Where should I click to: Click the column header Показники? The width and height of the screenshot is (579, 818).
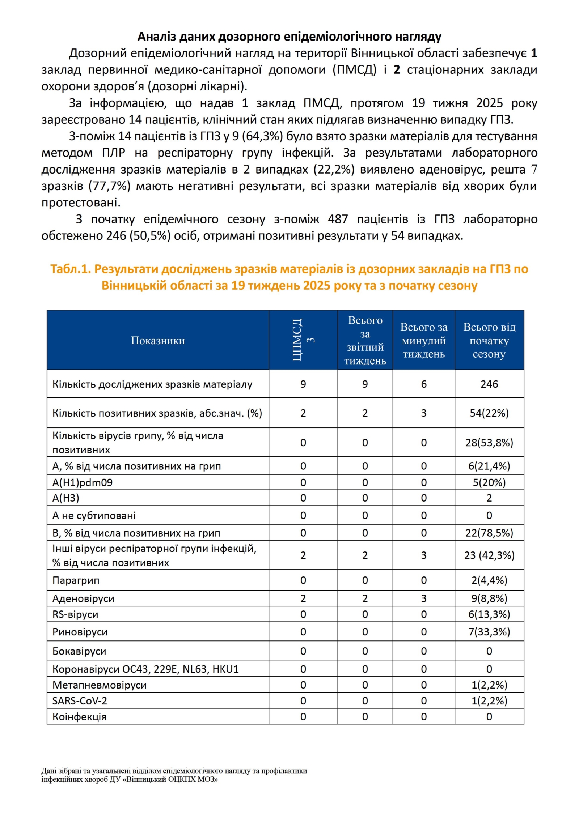tap(158, 340)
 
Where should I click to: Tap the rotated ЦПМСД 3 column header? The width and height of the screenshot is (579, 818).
tap(303, 340)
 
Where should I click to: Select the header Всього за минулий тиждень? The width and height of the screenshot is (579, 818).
tap(423, 340)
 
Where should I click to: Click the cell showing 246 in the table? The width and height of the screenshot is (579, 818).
tap(489, 384)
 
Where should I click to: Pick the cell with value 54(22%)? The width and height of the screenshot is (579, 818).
tap(489, 413)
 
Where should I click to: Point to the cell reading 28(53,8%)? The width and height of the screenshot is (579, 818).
tap(489, 443)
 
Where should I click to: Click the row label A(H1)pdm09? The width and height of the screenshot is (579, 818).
tap(83, 482)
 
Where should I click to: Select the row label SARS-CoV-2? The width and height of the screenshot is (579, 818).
tap(80, 701)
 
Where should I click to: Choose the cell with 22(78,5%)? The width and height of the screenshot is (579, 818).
tap(489, 533)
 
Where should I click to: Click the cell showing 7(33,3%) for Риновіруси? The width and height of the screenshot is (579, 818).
tap(489, 632)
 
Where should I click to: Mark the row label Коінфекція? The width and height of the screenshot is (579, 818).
tap(79, 717)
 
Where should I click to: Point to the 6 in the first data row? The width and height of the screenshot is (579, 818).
tap(423, 384)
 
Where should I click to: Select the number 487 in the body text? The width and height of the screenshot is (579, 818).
tap(338, 219)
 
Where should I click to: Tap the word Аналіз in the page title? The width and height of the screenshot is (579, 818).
tap(156, 37)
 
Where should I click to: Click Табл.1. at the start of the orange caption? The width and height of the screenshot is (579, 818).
tap(70, 269)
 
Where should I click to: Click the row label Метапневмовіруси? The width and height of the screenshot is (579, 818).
tap(100, 685)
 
